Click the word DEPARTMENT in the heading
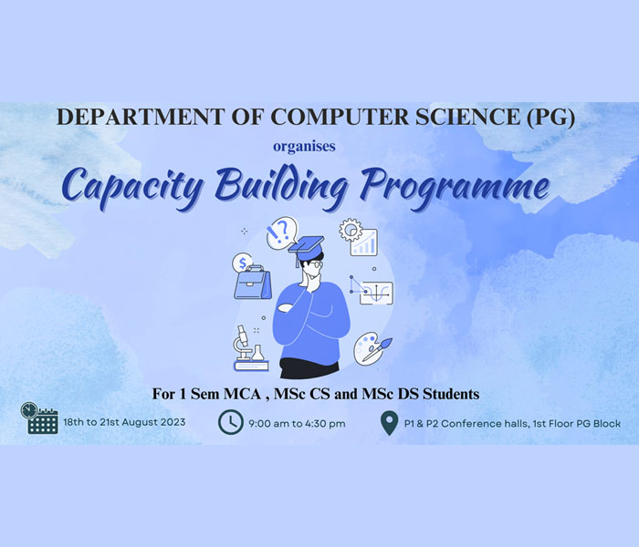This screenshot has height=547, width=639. click(141, 117)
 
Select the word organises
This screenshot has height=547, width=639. click(304, 147)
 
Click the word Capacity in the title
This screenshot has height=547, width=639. click(132, 186)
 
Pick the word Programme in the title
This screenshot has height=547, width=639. click(456, 186)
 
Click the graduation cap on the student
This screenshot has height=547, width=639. click(306, 247)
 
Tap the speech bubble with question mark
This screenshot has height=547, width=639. click(282, 232)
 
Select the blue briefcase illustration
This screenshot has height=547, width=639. click(253, 283)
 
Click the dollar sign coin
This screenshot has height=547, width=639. click(242, 263)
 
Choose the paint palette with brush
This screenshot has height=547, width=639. click(372, 349)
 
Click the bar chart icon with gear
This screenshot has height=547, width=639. click(359, 237)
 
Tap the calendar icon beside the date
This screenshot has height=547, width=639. click(39, 418)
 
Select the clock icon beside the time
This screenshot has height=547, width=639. click(231, 422)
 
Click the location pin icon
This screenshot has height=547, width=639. click(389, 423)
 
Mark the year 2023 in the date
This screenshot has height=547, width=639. click(173, 422)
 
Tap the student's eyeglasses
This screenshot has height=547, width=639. click(315, 264)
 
